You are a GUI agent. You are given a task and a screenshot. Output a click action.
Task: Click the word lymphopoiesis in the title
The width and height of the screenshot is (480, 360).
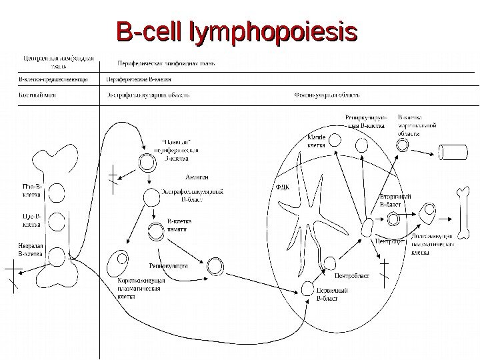point(273,31)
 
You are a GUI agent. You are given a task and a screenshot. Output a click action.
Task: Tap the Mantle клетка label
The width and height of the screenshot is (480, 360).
point(315,140)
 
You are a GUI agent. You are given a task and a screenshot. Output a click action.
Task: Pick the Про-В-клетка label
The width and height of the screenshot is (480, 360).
point(31,192)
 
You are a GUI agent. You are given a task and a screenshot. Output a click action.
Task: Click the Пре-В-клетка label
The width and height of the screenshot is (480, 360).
point(31,221)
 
